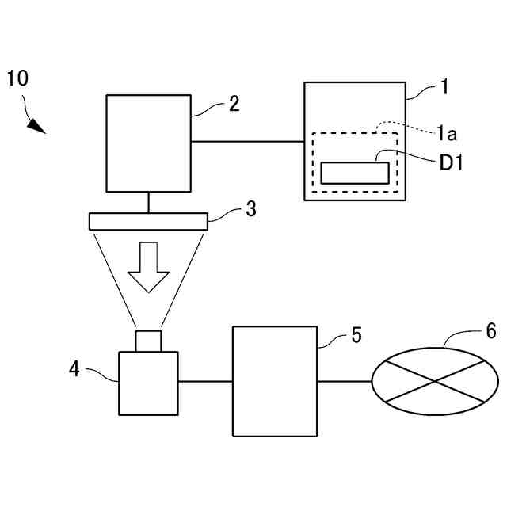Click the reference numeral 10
(17, 78)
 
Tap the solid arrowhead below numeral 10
(36, 125)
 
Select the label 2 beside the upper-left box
(234, 104)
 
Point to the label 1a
(446, 134)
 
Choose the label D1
(450, 163)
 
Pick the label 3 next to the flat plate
(250, 209)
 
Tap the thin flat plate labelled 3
(149, 221)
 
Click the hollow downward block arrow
(149, 267)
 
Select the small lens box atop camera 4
(148, 341)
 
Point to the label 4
(74, 368)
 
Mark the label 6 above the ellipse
(491, 331)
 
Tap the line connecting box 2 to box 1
(248, 142)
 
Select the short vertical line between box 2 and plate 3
(149, 202)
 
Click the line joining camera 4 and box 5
(205, 381)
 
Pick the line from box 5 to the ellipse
(345, 381)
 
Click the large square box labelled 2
(149, 143)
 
